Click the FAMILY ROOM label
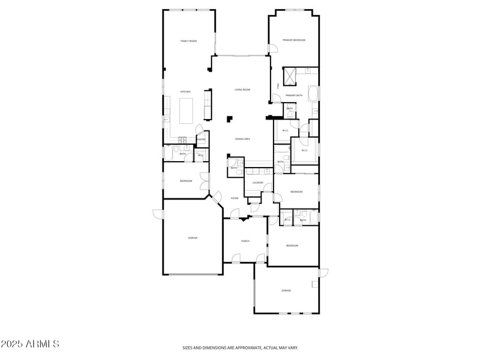point(189,41)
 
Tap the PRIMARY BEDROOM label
point(295,40)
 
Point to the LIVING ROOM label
point(242,90)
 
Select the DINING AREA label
point(242,139)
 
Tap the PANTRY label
point(201,139)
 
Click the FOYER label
point(234,198)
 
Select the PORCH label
point(245,241)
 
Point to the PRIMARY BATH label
point(294,96)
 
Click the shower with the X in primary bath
point(290,76)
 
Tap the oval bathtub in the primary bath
point(313,94)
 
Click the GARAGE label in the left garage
point(192,238)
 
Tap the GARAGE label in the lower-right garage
point(286,290)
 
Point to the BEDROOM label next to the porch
point(292,246)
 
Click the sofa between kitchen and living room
point(208,104)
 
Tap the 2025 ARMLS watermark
point(30,344)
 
